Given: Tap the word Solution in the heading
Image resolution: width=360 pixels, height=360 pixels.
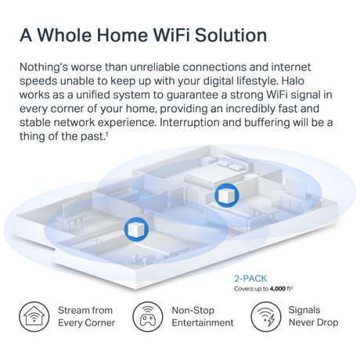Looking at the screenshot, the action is click(231, 35).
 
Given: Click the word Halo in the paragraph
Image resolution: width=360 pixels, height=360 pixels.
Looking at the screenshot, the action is click(293, 81).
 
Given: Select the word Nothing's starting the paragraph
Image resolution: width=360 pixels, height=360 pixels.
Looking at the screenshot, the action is click(44, 67).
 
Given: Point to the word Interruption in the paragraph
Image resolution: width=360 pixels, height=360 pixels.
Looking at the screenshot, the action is click(189, 122).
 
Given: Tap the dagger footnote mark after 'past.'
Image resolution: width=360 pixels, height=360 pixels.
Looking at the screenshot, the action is click(107, 134).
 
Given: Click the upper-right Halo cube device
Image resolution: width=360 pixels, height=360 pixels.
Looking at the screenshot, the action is click(226, 195).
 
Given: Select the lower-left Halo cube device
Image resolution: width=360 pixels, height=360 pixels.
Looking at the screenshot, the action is click(136, 229).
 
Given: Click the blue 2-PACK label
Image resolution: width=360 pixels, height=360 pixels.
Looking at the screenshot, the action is click(250, 279).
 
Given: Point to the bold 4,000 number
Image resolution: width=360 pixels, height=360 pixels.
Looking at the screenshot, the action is click(278, 289).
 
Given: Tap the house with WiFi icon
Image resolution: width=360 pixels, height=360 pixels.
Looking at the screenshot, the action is click(34, 317).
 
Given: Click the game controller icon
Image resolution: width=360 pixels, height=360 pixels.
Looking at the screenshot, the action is click(148, 317).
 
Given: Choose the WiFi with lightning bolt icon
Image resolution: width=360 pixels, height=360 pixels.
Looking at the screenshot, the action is click(266, 317).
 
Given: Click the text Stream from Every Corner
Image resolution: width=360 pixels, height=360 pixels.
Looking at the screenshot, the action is click(86, 316).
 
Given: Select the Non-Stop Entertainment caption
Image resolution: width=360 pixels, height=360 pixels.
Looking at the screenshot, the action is click(203, 316).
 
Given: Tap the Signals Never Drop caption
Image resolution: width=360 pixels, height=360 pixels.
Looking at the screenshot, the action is click(313, 316).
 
